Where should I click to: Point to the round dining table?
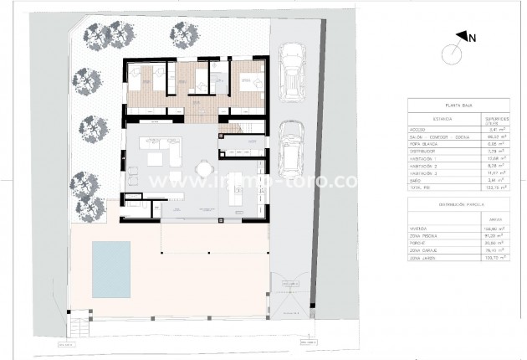click(x=203, y=169)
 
